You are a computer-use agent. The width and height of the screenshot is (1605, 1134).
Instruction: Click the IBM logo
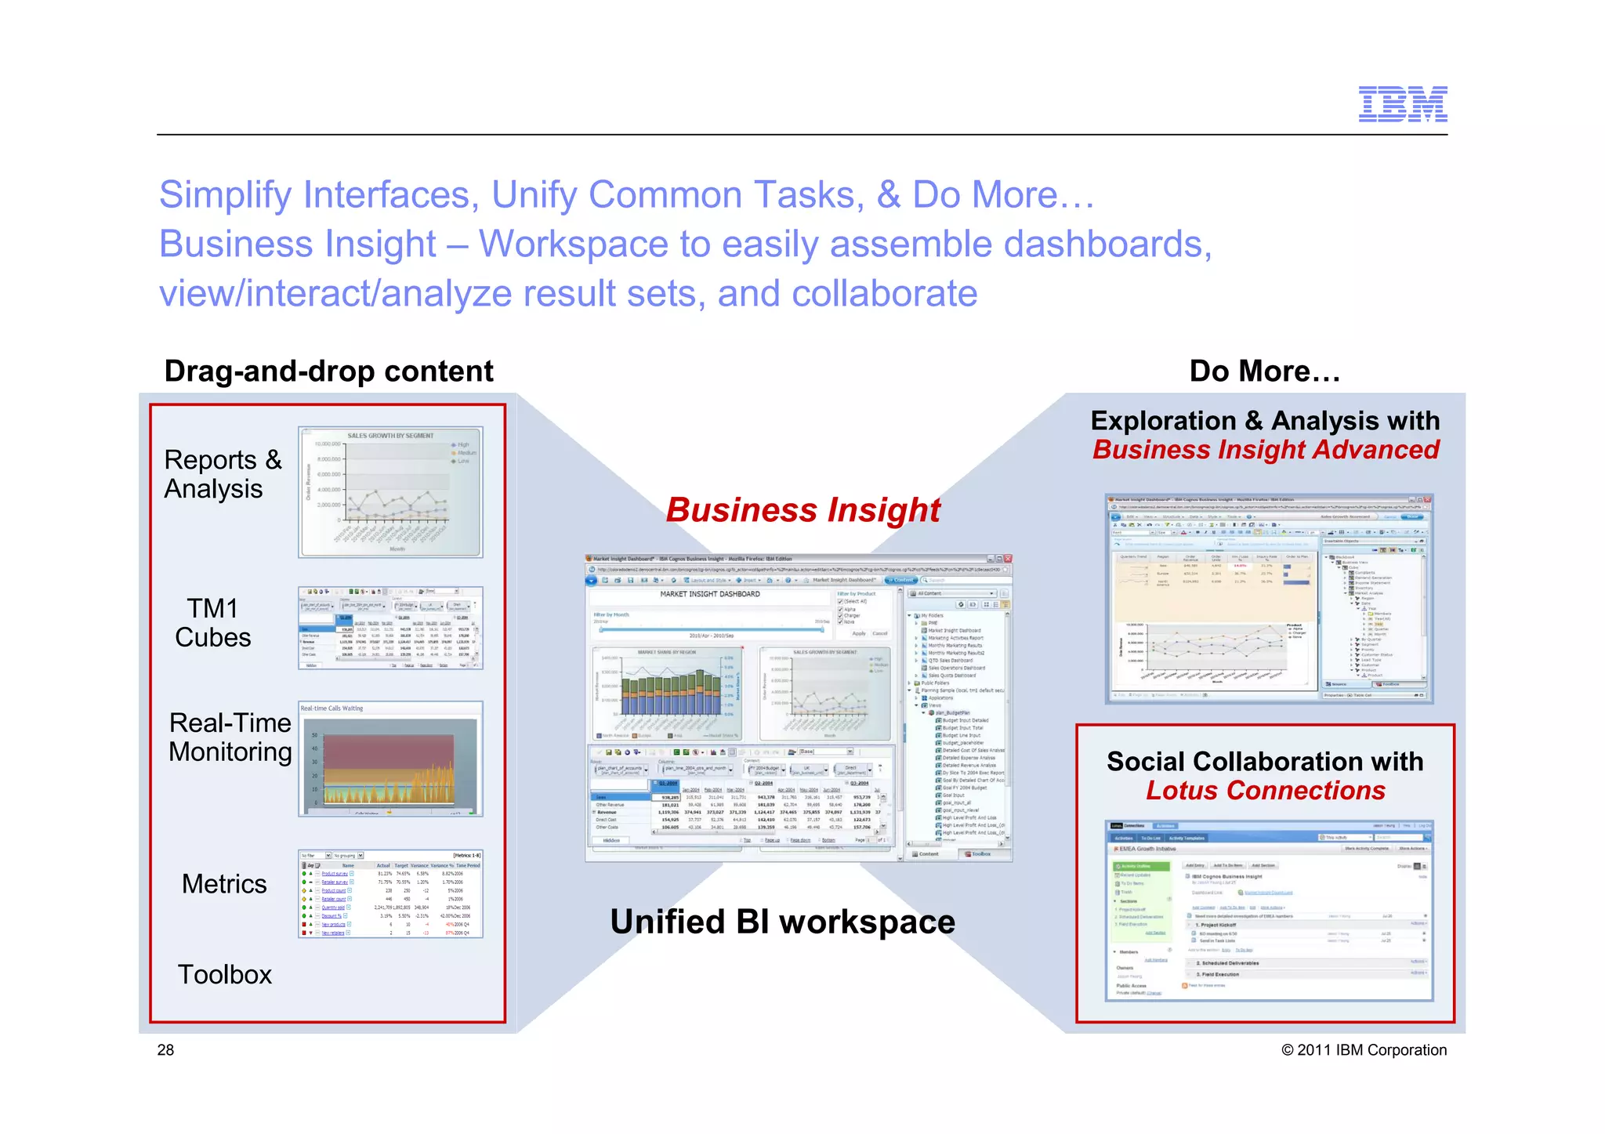point(1402,104)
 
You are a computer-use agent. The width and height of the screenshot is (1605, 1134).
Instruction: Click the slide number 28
point(165,1050)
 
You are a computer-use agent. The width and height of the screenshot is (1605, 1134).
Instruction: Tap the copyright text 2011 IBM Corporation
point(1364,1050)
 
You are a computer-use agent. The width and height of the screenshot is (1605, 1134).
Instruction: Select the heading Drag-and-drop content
point(328,371)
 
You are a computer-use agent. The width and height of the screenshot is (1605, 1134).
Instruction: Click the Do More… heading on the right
point(1264,371)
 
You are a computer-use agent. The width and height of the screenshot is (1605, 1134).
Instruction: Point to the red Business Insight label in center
point(802,509)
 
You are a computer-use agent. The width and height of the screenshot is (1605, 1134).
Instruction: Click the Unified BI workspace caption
point(782,922)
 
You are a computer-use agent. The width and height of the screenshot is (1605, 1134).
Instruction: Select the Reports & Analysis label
point(223,473)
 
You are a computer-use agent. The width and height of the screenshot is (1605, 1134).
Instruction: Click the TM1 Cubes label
point(213,622)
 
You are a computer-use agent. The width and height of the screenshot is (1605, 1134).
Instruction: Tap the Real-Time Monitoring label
point(230,737)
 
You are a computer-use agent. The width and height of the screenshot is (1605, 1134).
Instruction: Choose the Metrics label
point(224,884)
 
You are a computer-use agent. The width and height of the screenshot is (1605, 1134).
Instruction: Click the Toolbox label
point(224,974)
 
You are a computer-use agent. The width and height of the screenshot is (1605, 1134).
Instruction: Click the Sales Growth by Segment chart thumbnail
point(390,492)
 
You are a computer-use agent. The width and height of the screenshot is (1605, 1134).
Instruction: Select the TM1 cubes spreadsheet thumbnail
point(390,628)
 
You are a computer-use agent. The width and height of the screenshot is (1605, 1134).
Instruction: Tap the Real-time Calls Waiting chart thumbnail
point(390,759)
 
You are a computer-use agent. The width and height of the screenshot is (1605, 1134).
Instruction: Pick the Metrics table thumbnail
point(390,893)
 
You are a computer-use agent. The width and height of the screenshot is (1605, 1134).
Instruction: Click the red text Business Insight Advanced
point(1265,450)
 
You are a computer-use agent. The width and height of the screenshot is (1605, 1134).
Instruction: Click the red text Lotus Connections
point(1265,791)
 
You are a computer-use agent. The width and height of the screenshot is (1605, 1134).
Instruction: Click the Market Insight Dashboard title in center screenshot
point(709,594)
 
